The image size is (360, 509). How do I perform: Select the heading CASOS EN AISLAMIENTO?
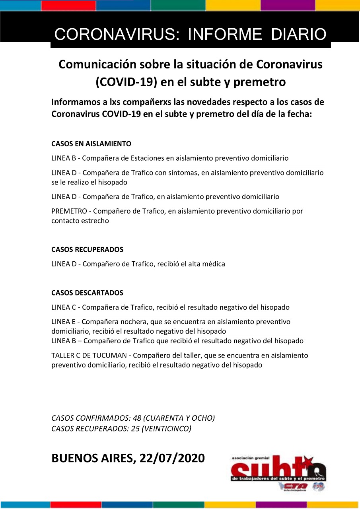tap(91, 144)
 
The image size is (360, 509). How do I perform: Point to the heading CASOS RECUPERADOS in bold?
tap(87, 250)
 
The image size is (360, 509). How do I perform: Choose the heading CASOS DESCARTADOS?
tap(87, 293)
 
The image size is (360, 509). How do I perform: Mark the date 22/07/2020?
tap(172, 458)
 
